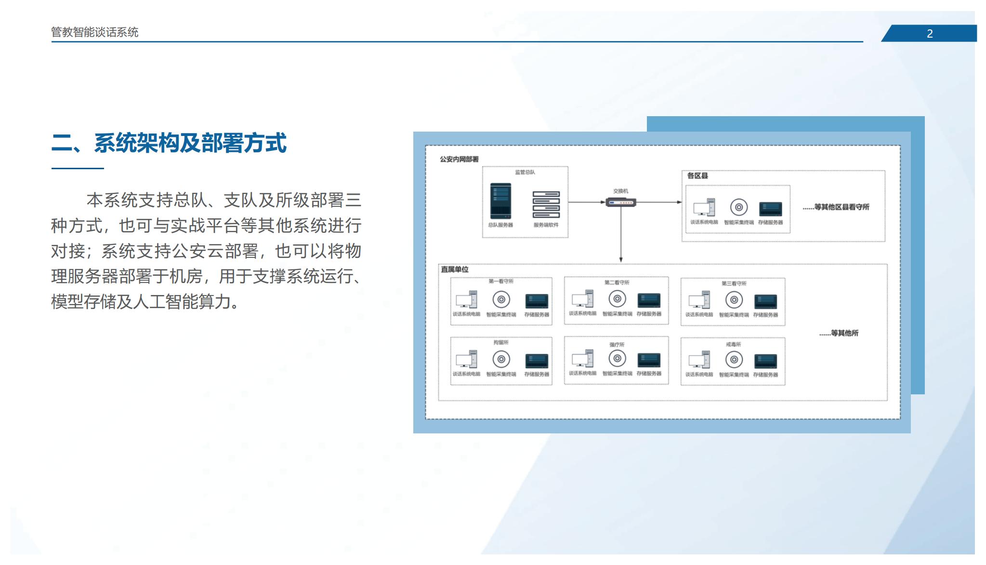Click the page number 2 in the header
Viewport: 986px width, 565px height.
pos(930,34)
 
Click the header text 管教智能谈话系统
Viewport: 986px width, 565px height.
pos(95,32)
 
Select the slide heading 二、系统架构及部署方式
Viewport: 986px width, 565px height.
pos(169,143)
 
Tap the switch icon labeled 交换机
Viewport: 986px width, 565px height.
pos(620,202)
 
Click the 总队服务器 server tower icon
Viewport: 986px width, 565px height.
pos(500,201)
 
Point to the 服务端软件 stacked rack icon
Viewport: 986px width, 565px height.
pos(546,204)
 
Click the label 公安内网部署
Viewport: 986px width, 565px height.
pos(459,159)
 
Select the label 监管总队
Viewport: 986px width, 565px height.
pos(525,172)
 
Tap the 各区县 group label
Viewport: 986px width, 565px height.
pos(697,176)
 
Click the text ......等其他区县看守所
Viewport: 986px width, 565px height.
pos(836,207)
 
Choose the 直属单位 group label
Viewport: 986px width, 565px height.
pos(455,269)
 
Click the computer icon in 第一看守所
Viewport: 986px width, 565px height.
pos(466,300)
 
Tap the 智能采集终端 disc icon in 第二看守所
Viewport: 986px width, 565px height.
pos(617,299)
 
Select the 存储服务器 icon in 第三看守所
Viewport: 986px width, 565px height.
pos(765,301)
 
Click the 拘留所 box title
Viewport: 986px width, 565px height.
pos(501,342)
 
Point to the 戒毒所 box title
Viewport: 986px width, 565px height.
pos(733,344)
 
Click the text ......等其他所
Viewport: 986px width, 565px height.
pos(839,333)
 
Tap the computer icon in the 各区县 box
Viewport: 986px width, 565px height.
pos(704,207)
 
